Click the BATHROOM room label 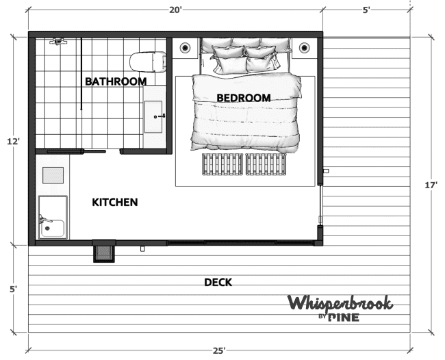[x=116, y=81]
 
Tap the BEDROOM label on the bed [x=244, y=98]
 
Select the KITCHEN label [x=115, y=203]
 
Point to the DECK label [x=218, y=282]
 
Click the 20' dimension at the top [x=175, y=10]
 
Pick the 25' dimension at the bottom [x=219, y=351]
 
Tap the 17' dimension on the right [x=431, y=185]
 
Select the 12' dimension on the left [x=13, y=141]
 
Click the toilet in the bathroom [x=148, y=62]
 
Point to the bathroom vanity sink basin [x=153, y=117]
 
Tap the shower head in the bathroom [x=58, y=42]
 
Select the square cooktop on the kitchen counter [x=53, y=175]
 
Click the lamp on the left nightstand [x=185, y=47]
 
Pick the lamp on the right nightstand [x=304, y=47]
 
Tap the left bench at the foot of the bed [x=222, y=164]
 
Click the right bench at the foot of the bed [x=266, y=164]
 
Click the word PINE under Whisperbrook [x=344, y=318]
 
